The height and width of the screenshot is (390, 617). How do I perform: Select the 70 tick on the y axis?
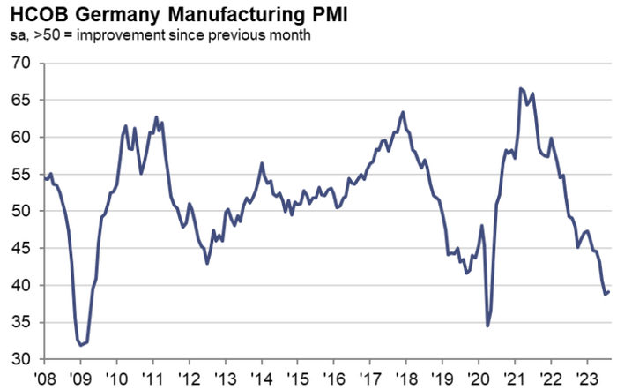[21, 64]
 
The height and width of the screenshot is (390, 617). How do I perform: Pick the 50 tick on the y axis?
[21, 212]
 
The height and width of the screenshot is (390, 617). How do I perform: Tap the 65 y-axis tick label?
[21, 101]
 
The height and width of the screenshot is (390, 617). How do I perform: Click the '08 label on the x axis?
[45, 378]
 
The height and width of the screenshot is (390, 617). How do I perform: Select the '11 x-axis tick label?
[152, 378]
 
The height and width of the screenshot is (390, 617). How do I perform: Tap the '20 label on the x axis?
[478, 378]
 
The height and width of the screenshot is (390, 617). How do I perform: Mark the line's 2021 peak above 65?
[521, 88]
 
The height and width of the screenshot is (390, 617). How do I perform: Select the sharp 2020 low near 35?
[488, 326]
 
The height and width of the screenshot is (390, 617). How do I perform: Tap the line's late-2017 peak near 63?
[403, 112]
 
